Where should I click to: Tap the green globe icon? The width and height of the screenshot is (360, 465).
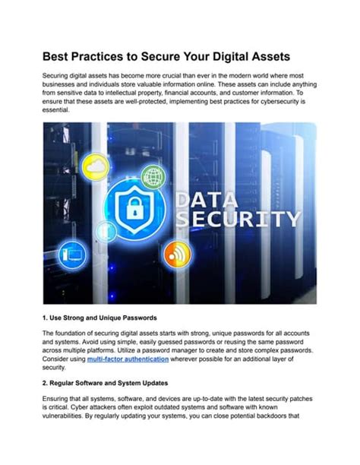click(x=153, y=177)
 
